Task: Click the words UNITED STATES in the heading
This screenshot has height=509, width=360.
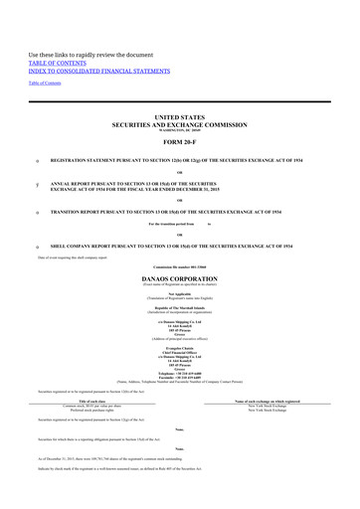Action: (x=179, y=116)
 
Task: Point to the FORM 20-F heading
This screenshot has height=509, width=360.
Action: (x=179, y=138)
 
